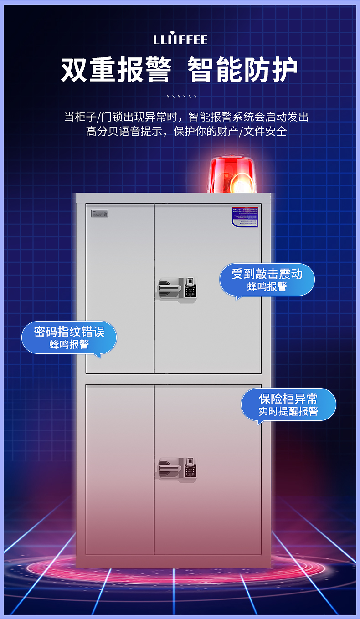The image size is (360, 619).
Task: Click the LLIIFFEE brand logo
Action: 180,39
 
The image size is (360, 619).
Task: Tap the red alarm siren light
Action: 231,175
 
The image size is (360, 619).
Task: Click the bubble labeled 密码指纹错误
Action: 69,338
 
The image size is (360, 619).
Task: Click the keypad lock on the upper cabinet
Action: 190,289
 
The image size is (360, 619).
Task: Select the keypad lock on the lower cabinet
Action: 190,468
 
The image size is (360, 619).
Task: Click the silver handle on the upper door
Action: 170,289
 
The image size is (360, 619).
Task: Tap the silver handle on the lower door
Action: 170,468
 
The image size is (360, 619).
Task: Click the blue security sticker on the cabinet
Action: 245,217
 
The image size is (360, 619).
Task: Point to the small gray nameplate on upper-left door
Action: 100,213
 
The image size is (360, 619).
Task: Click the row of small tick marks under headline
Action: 181,97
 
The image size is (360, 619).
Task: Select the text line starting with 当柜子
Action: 186,117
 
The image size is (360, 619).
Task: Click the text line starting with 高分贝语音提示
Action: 186,132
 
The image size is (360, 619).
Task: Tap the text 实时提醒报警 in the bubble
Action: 288,411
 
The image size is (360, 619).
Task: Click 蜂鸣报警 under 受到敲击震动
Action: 267,286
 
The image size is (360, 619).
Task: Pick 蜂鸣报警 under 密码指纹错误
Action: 69,344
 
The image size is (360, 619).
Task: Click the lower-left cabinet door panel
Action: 120,469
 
